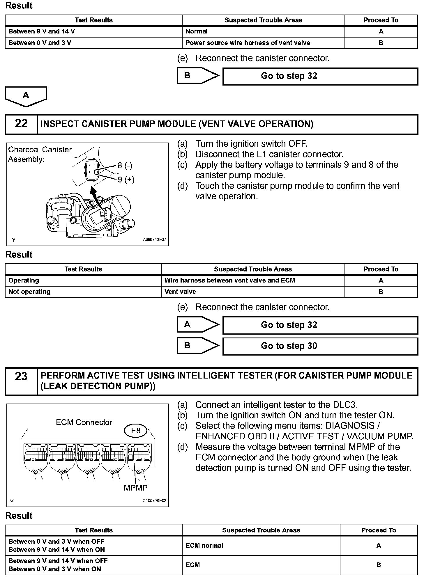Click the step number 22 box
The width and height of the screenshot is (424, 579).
(21, 124)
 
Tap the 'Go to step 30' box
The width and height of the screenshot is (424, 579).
(320, 346)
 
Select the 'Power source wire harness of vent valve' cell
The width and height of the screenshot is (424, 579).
(248, 43)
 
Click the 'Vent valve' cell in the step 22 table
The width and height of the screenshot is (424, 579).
(180, 292)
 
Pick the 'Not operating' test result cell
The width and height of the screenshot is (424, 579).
(29, 292)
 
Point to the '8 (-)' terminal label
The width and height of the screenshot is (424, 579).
(125, 166)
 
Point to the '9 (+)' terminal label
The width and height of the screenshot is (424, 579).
(126, 180)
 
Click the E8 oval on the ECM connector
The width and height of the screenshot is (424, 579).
(136, 431)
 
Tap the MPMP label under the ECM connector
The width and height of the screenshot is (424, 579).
(136, 488)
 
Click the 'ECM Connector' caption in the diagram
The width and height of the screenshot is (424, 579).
(84, 422)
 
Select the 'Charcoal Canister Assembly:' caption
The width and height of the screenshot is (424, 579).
(40, 154)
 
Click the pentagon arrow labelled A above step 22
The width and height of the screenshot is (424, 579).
(26, 96)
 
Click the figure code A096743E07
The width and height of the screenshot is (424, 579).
(154, 240)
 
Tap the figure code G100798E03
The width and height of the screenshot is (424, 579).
(154, 501)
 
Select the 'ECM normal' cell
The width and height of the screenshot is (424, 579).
(204, 546)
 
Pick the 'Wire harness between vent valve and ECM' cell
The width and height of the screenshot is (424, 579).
(230, 280)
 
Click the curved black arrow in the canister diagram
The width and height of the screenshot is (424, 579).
(98, 201)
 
